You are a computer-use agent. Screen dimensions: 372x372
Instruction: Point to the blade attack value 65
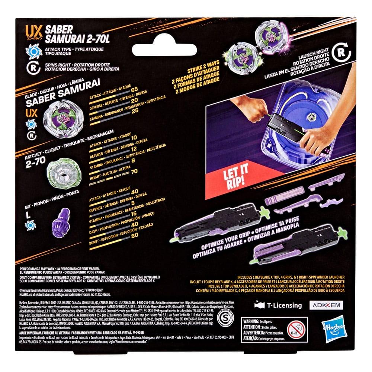134,89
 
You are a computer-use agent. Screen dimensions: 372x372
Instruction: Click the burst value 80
135,246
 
